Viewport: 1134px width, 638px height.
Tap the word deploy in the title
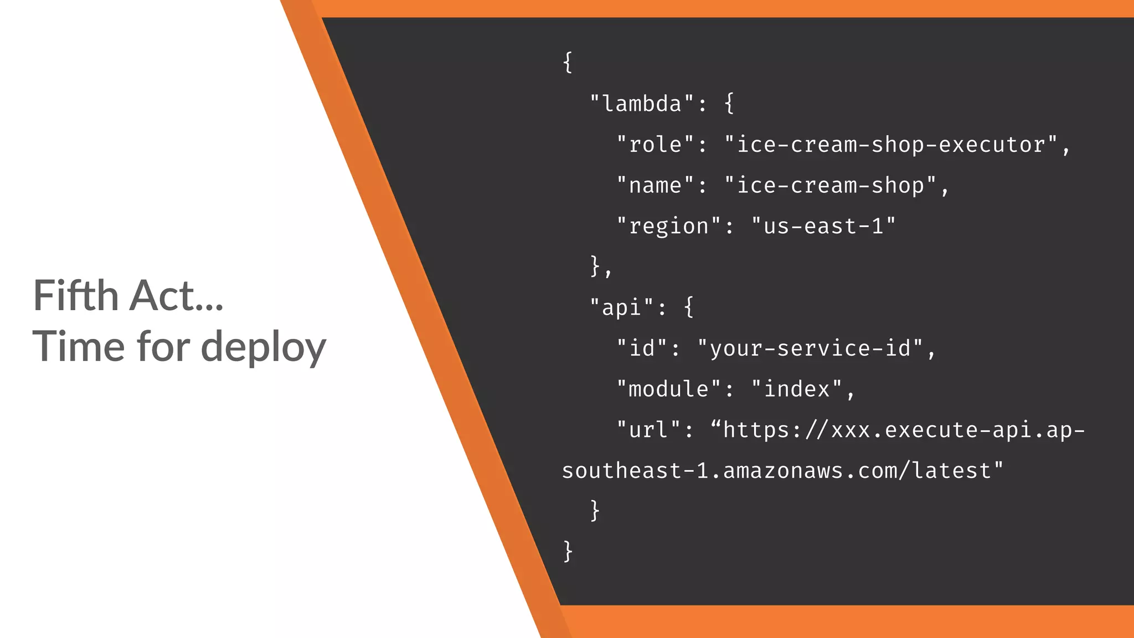pos(263,347)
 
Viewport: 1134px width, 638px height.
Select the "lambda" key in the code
pos(641,104)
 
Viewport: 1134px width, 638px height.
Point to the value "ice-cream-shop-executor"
pos(891,145)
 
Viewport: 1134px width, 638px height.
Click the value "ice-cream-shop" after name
pos(831,186)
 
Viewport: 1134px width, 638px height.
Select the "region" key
pos(668,226)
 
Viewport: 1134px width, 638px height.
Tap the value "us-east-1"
pos(823,226)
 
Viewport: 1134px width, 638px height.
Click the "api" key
pos(621,307)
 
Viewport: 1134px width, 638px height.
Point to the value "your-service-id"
pos(810,348)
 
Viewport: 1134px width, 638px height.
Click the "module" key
pos(668,389)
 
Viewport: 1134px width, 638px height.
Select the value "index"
pos(797,389)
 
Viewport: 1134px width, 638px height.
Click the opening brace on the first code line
pos(568,62)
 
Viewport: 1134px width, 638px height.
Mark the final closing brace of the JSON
pos(568,551)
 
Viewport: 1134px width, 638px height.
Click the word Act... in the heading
pos(176,295)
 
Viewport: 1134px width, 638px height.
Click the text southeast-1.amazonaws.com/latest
pos(782,471)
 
